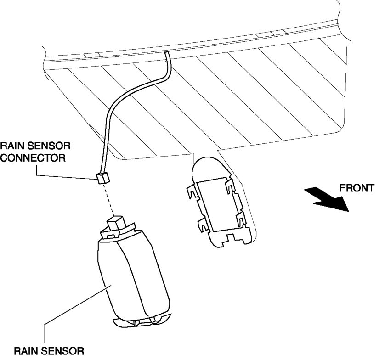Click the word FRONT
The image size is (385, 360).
point(357,188)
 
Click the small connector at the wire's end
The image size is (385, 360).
point(102,177)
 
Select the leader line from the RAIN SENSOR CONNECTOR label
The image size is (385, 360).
point(69,172)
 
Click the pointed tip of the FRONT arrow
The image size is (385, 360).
point(348,210)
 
